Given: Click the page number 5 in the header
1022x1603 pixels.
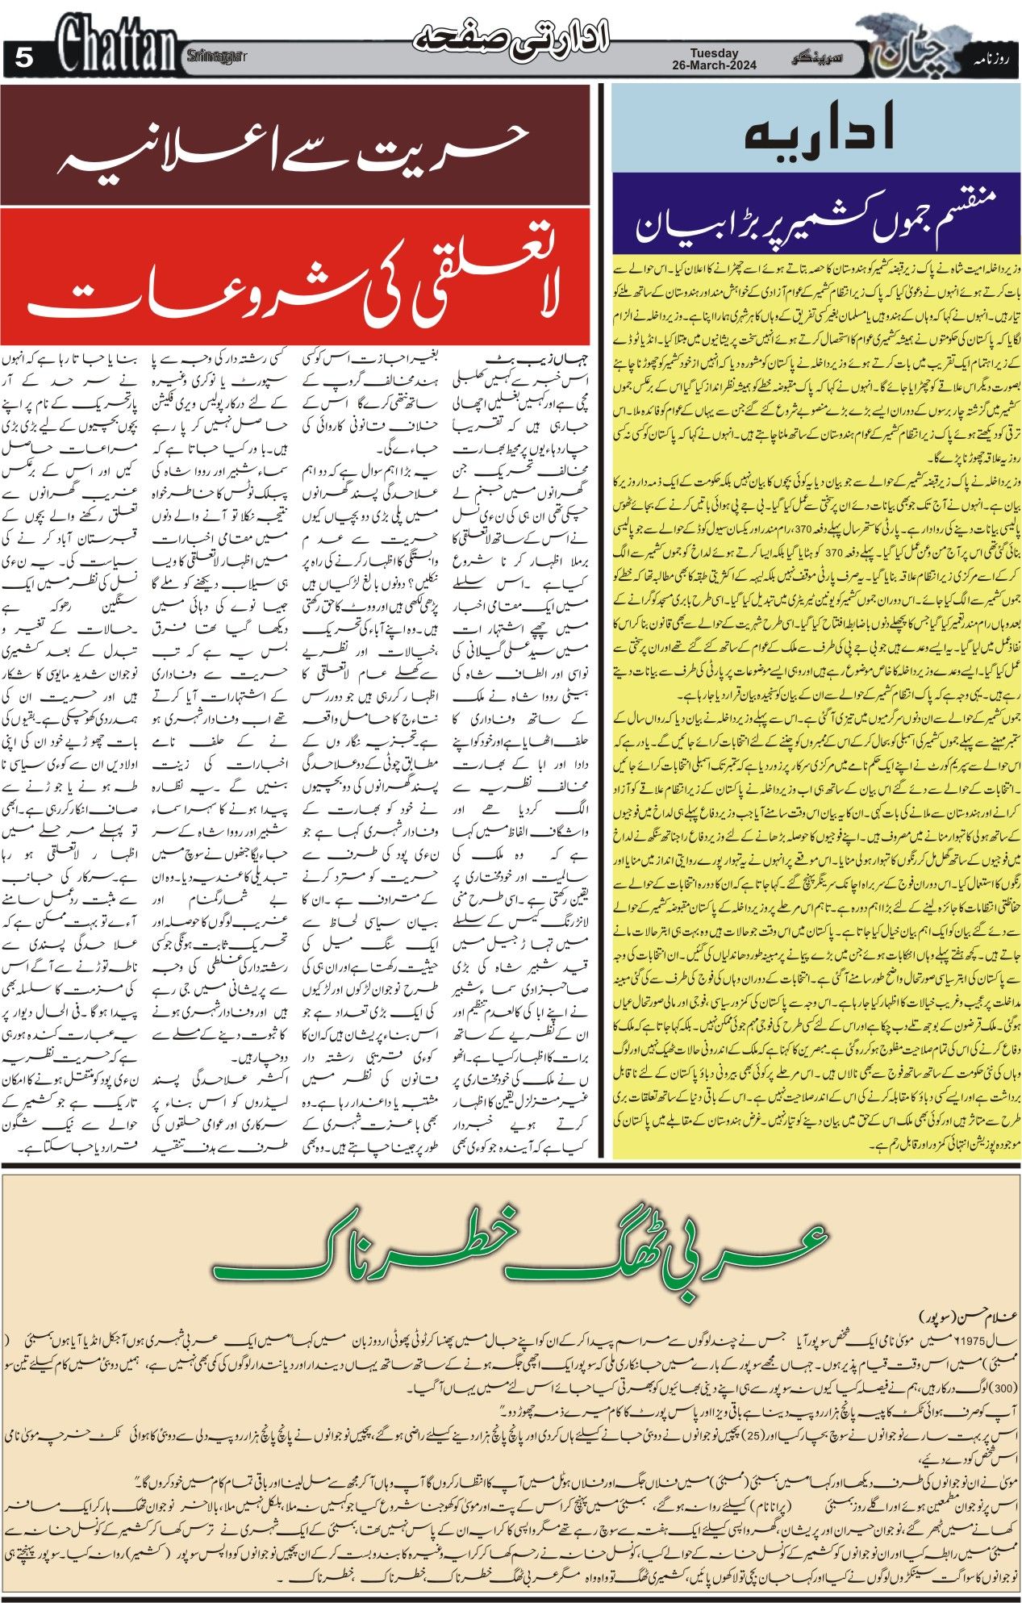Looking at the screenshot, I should [x=25, y=59].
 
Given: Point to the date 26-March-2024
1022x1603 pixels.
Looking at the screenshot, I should [x=714, y=67].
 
